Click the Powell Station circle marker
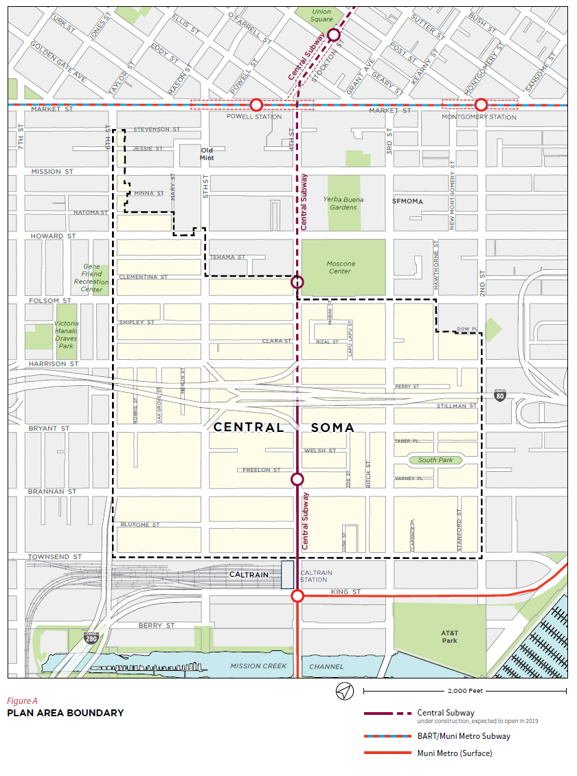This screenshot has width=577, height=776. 256,104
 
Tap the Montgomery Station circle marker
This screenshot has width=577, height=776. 481,104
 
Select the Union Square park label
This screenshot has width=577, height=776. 321,15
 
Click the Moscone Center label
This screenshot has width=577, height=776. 341,267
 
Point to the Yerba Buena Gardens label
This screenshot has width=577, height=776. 343,203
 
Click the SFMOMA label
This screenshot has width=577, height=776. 407,202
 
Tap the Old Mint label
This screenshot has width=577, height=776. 207,153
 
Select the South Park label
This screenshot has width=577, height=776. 435,460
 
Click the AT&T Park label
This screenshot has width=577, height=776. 449,636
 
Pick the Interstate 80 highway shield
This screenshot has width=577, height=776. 500,396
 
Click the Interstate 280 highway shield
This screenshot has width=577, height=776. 91,638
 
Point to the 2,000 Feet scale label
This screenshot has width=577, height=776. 465,692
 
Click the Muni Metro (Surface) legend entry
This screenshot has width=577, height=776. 454,753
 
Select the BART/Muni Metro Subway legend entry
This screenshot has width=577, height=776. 464,736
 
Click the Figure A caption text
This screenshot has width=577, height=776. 23,701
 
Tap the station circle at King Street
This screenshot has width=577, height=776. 297,595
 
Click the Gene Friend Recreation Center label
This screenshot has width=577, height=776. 91,278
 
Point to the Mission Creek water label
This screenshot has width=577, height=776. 255,666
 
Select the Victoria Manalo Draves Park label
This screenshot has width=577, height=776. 67,334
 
